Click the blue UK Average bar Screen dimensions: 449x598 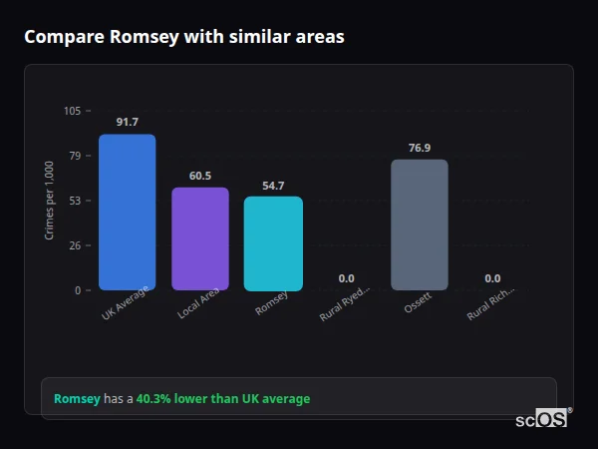(127, 213)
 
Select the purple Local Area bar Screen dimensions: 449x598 (199, 239)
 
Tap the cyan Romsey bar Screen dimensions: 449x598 (273, 243)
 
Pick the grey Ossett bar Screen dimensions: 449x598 (420, 224)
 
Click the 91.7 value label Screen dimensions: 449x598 (127, 122)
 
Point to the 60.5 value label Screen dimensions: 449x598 (199, 176)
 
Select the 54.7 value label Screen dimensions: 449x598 (273, 186)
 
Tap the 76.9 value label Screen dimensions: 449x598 (420, 148)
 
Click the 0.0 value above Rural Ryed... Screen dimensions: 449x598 (346, 278)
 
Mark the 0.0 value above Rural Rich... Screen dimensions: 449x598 (492, 278)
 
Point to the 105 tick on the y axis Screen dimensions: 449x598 (72, 111)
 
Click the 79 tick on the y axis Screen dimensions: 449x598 (75, 156)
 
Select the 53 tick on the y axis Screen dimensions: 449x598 (75, 201)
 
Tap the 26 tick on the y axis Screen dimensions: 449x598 (75, 245)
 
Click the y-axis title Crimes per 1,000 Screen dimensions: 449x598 (49, 201)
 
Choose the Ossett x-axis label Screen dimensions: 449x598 (418, 303)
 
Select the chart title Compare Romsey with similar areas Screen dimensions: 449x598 (184, 37)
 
